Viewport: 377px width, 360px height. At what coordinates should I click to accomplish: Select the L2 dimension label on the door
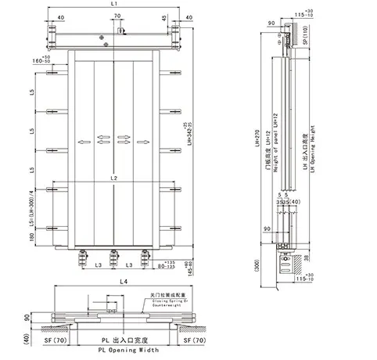coord(114,179)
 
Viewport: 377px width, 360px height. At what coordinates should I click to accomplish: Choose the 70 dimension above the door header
coord(116,16)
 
